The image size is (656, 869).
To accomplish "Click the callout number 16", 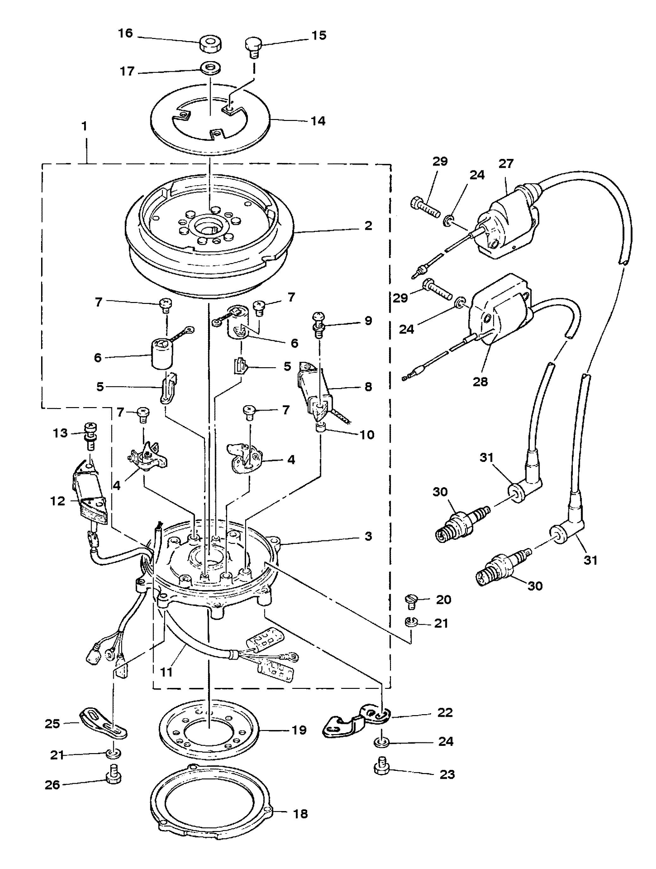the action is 126,33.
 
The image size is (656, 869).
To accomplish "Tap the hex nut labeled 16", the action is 210,44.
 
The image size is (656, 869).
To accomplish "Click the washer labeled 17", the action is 209,67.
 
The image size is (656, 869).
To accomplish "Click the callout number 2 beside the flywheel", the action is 368,226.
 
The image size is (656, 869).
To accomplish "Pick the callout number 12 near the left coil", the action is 58,501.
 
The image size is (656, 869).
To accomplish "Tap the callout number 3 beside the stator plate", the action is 368,536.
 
